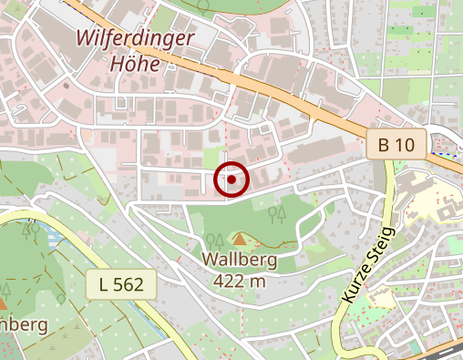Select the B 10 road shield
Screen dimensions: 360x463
click(397, 144)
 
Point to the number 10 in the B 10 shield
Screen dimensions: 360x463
click(406, 144)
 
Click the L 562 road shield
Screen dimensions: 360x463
click(120, 285)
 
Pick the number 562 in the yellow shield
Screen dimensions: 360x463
click(128, 285)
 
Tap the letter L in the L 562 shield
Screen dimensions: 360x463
click(103, 285)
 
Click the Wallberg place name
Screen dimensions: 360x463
click(239, 261)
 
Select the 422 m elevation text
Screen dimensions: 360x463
click(239, 280)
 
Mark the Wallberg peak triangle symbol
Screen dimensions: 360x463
click(240, 239)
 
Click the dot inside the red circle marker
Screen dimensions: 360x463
click(232, 180)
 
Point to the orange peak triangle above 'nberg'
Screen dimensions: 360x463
click(3, 302)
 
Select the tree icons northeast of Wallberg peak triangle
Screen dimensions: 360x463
click(278, 214)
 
